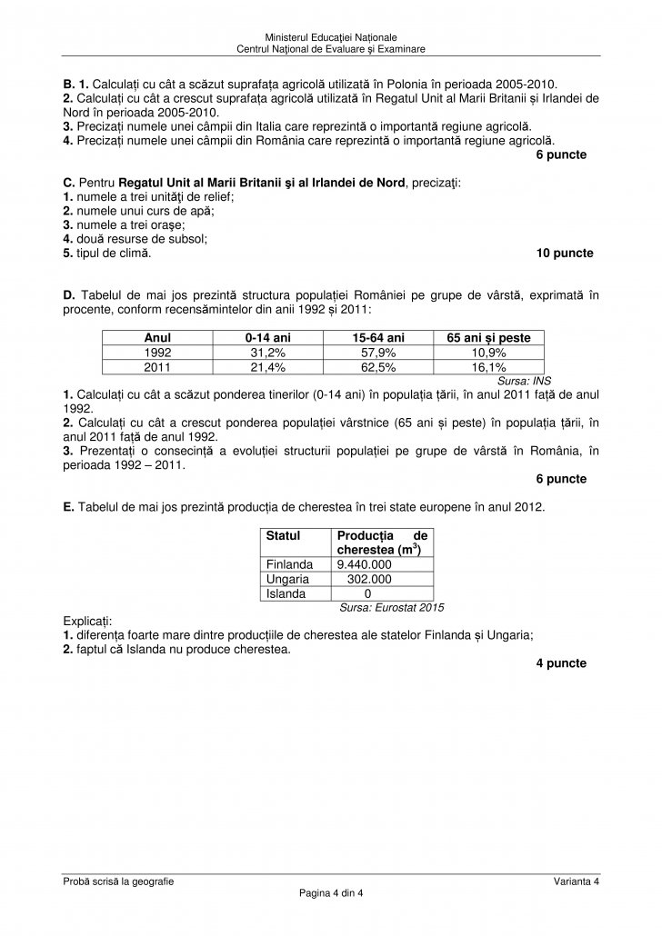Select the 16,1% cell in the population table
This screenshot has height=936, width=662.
[489, 366]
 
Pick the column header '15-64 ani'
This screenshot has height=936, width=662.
[378, 337]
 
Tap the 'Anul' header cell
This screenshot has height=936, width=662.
[158, 337]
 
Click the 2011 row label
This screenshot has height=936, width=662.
[158, 366]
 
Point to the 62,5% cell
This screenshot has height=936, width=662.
[378, 366]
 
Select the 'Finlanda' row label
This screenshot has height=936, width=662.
[290, 564]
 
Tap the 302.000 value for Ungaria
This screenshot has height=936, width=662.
[369, 579]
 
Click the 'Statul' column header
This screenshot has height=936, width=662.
[284, 537]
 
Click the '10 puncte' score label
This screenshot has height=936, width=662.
[565, 254]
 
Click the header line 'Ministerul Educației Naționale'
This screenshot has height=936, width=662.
[331, 36]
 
